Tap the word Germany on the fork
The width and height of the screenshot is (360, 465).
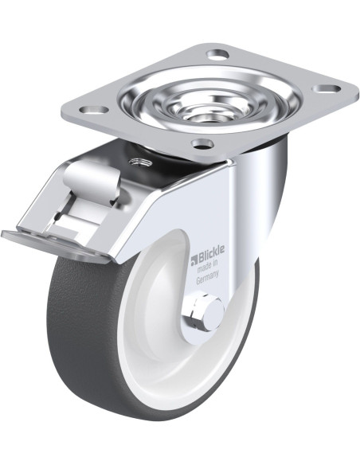[x=207, y=277]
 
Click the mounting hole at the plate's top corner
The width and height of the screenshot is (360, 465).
[x=218, y=54]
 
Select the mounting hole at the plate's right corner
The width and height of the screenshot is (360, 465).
[x=327, y=88]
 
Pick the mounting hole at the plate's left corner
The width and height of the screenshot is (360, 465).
[x=95, y=110]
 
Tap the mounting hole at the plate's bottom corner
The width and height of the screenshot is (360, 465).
[x=203, y=144]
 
